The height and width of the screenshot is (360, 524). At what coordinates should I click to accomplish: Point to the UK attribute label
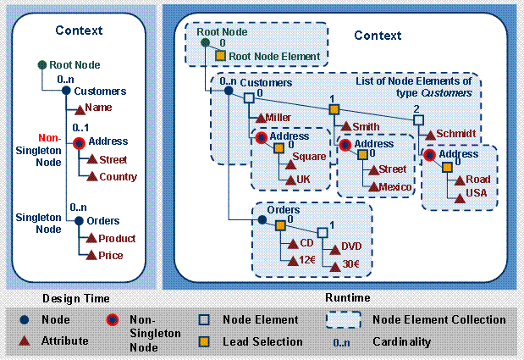302,180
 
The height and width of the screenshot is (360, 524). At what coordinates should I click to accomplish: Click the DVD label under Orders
350,246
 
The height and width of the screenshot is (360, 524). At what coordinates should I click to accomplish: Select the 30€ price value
350,263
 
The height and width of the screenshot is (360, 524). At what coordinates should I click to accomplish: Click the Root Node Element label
274,57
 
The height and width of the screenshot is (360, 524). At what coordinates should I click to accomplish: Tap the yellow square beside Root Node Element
219,57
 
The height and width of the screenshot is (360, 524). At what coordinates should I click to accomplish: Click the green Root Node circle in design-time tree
41,65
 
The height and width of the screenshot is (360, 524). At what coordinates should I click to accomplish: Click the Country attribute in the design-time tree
118,176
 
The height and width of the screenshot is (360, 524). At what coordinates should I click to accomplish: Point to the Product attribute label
117,239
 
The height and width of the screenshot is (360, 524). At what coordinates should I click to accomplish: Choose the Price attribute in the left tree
110,255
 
